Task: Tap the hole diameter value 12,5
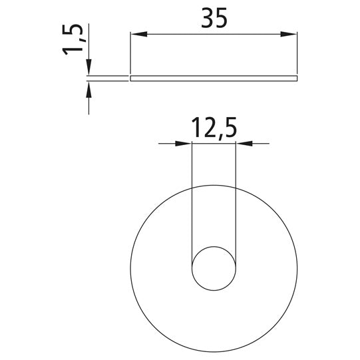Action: tap(213, 126)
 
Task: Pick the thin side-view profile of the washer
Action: tap(213, 79)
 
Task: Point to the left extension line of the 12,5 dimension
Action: tap(192, 200)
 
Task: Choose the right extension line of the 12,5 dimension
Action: tap(236, 200)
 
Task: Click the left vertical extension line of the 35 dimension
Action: tap(130, 53)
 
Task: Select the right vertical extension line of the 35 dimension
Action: tap(296, 53)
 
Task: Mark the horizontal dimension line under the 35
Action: tap(213, 34)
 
